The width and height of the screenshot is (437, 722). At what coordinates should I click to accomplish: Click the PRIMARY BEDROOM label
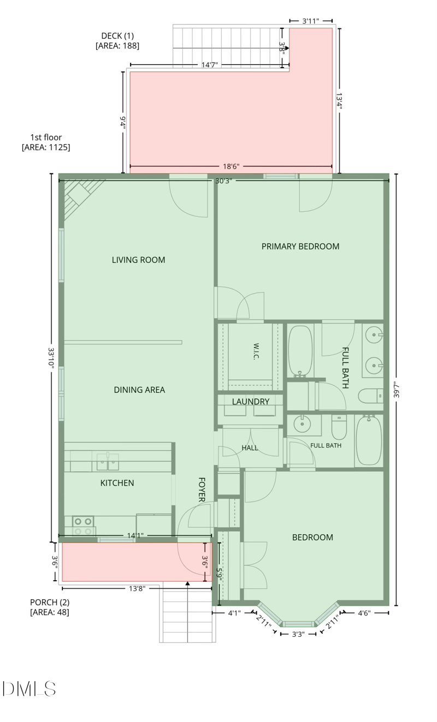click(300, 247)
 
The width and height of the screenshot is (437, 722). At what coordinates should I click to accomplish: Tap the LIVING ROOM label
click(138, 260)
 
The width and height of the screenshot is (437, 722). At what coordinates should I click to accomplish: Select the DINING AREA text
click(139, 390)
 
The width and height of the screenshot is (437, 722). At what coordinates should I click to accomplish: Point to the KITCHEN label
click(117, 483)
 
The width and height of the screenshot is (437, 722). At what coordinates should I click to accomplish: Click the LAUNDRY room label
click(250, 402)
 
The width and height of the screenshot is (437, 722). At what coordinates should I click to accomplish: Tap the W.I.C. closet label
click(256, 351)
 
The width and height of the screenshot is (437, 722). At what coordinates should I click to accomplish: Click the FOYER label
click(202, 490)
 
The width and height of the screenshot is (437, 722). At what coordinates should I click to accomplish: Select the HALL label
click(250, 447)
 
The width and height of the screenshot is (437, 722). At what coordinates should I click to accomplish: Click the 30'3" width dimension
click(223, 181)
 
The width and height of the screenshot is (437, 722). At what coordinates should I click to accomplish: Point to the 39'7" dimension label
click(397, 390)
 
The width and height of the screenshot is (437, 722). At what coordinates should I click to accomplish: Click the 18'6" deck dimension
click(231, 166)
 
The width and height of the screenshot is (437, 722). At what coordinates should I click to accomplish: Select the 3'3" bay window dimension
click(298, 634)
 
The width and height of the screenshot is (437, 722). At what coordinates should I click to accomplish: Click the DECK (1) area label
click(117, 40)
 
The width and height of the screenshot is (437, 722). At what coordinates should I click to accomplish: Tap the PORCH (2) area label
click(50, 607)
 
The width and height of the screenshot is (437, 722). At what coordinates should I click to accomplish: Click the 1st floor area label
click(46, 142)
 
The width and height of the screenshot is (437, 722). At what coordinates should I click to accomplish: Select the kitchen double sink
click(108, 462)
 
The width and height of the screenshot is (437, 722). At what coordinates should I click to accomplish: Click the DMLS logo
click(29, 689)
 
